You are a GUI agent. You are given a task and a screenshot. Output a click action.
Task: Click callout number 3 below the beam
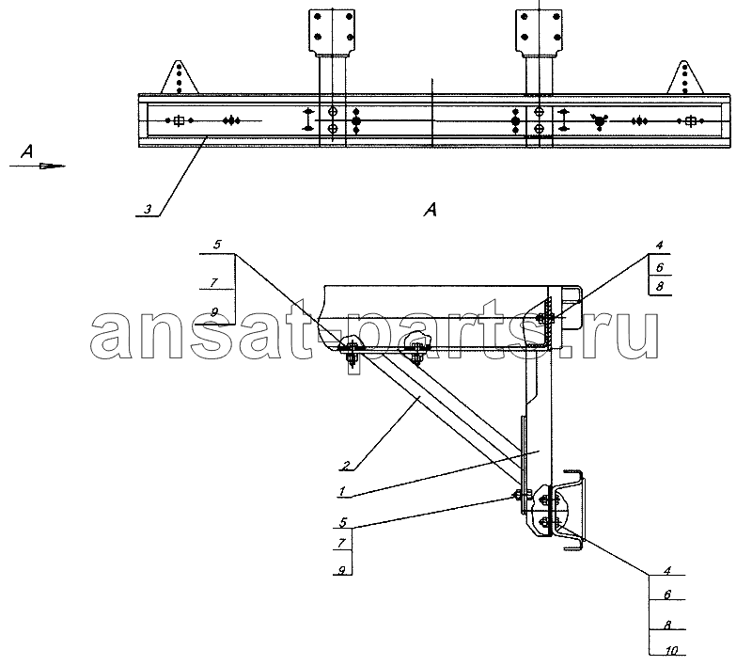[148, 209]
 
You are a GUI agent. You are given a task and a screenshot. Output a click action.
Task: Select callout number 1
[342, 491]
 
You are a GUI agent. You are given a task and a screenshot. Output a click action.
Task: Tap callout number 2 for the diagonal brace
[346, 465]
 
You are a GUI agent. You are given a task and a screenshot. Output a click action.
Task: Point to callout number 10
[671, 650]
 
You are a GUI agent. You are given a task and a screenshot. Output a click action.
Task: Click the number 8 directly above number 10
[667, 625]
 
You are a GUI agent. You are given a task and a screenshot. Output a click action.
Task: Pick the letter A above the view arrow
[27, 151]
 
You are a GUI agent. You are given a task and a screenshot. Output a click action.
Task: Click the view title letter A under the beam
[431, 209]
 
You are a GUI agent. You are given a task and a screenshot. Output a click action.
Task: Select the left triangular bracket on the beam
[180, 77]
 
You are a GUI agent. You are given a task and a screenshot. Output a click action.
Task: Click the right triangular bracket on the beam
[685, 77]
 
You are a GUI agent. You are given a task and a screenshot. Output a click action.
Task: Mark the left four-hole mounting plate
[332, 31]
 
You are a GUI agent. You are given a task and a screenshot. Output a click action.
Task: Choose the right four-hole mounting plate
[539, 31]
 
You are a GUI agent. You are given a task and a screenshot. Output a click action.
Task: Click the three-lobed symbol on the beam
[599, 122]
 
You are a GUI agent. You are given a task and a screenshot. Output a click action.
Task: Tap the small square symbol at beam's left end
[179, 120]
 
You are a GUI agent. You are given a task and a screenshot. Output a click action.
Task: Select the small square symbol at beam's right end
[690, 121]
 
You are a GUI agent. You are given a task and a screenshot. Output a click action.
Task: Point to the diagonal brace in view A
[439, 417]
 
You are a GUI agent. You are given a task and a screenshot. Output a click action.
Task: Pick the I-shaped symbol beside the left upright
[307, 119]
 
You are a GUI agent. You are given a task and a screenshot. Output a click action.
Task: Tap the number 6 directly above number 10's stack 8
[667, 595]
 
